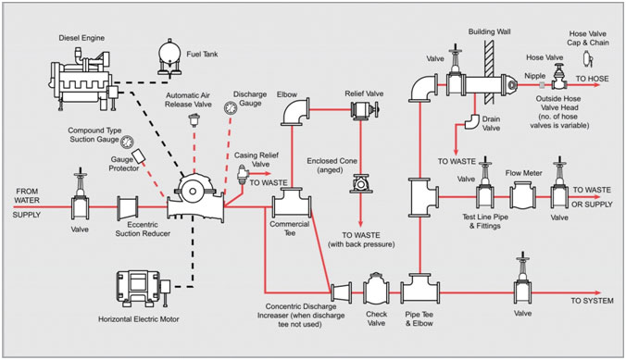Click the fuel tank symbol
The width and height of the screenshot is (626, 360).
pyautogui.click(x=169, y=57)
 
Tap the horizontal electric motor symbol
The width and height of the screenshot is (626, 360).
pyautogui.click(x=143, y=288)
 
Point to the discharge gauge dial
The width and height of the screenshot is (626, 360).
pyautogui.click(x=230, y=107)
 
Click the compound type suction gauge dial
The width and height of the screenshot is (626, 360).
pyautogui.click(x=127, y=142)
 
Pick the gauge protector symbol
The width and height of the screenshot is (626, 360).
pyautogui.click(x=139, y=156)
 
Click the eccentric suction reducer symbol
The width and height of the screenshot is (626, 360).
pyautogui.click(x=128, y=208)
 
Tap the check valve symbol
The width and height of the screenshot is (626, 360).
pyautogui.click(x=376, y=292)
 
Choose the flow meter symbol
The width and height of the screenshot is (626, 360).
pyautogui.click(x=523, y=195)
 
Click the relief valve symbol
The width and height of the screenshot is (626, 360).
pyautogui.click(x=365, y=110)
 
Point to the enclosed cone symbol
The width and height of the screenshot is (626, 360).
pyautogui.click(x=361, y=184)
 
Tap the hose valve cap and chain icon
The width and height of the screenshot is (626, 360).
pyautogui.click(x=588, y=59)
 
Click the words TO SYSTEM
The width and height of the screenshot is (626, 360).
pyautogui.click(x=592, y=301)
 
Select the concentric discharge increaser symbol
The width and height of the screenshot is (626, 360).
pyautogui.click(x=342, y=292)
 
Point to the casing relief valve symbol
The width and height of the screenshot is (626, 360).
pyautogui.click(x=243, y=174)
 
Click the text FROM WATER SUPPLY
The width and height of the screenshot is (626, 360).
pyautogui.click(x=27, y=203)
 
